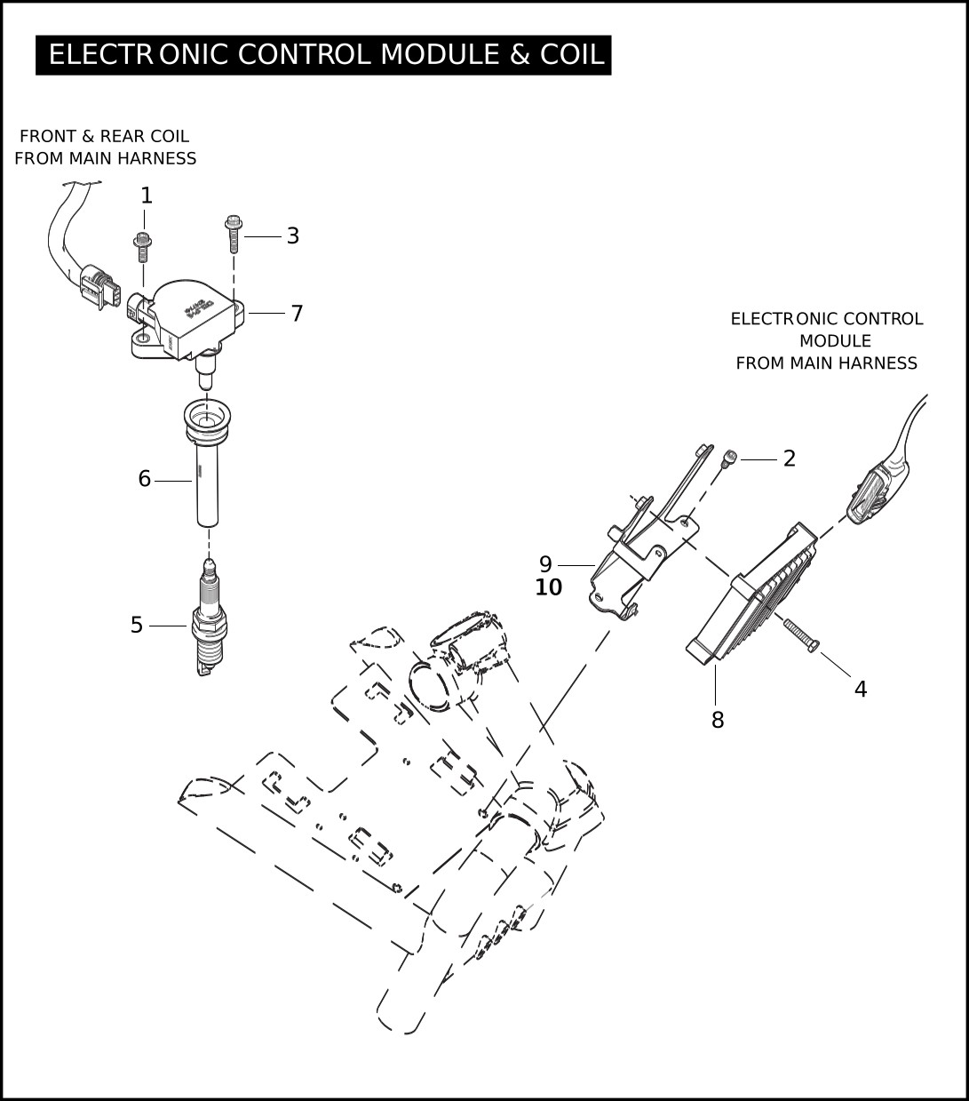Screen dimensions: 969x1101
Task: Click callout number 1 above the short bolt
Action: pos(147,195)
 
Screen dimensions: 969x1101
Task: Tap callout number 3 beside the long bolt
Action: pos(293,235)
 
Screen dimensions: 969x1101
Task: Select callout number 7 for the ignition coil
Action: pos(297,314)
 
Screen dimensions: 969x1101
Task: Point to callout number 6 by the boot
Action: pos(145,479)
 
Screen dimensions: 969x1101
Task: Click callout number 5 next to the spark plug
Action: pos(136,625)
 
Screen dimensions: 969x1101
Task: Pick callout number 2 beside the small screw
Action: pos(790,459)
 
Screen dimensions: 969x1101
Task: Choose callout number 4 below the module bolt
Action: pos(861,689)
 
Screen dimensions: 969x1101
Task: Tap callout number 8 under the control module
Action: pos(718,720)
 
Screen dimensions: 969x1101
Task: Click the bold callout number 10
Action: pos(549,586)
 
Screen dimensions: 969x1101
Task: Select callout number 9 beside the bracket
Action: pos(545,563)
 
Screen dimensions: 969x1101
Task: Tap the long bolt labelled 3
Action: pos(234,234)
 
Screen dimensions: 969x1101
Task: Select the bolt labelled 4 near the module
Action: pos(801,636)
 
